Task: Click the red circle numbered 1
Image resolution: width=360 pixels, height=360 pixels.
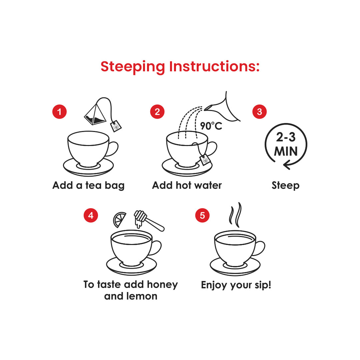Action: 59,112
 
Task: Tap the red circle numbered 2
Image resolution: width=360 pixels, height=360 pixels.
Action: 157,112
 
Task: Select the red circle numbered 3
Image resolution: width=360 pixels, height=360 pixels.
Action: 259,112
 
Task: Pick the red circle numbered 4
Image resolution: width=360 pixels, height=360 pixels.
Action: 91,215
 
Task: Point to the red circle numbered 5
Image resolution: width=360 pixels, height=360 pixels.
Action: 202,215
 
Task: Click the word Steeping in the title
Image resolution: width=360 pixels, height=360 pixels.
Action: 133,67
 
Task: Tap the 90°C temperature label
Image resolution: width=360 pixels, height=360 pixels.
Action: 211,126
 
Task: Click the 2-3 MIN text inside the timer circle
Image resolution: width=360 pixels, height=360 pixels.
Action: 286,144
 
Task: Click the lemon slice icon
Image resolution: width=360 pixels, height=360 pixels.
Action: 119,219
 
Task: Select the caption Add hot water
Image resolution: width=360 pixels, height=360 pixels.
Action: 187,185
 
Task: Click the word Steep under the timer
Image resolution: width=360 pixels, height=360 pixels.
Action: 286,186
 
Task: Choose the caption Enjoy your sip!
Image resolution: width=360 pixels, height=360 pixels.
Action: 236,285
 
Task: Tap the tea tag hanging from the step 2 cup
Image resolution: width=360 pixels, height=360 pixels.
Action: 205,160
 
